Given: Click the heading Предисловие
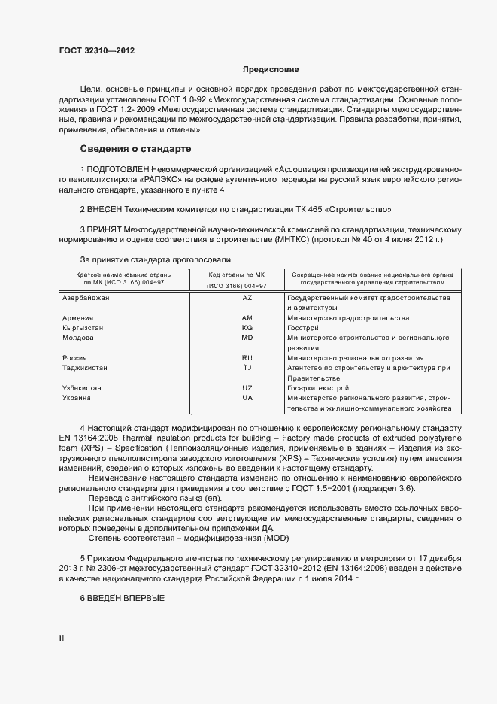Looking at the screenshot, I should tap(270, 70).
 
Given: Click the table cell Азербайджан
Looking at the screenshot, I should tap(86, 299).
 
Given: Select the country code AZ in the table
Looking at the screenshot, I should tap(247, 299).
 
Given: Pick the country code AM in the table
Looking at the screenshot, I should tap(247, 318).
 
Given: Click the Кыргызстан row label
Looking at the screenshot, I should tap(83, 328).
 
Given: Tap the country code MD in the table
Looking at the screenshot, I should tap(247, 338).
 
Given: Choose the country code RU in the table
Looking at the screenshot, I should tap(247, 358).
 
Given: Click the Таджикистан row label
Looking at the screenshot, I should tap(84, 368).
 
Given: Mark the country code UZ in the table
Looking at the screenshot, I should tap(247, 388).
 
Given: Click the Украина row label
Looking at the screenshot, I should tap(77, 398).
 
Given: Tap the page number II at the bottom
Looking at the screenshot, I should tap(62, 639).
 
